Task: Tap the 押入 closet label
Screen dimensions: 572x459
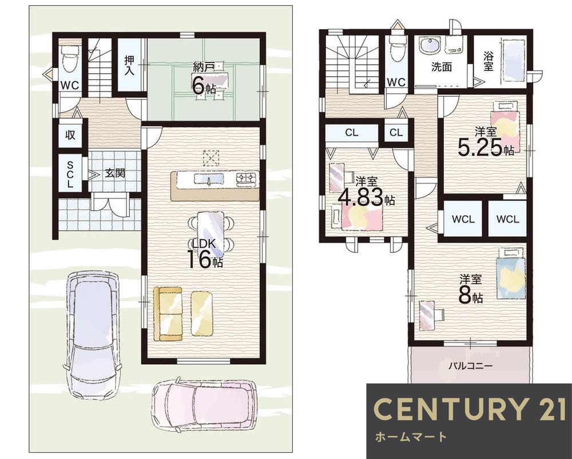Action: click(129, 65)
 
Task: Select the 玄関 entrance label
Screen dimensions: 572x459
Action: click(115, 173)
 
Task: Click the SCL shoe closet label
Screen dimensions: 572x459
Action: click(70, 175)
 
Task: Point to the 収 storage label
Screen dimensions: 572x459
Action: click(70, 134)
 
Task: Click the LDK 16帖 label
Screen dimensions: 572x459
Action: click(205, 254)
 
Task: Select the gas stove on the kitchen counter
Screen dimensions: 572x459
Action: click(247, 179)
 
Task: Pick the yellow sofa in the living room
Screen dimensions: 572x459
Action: click(168, 314)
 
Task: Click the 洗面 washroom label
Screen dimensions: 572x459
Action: click(442, 67)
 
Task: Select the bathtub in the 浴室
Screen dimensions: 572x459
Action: click(515, 61)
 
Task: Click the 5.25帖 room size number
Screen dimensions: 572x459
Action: click(486, 148)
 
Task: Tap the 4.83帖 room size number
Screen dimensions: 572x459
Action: click(366, 197)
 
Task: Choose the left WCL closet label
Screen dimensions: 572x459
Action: click(463, 219)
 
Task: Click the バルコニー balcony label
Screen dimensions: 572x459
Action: click(471, 365)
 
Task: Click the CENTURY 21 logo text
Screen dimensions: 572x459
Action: click(470, 409)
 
